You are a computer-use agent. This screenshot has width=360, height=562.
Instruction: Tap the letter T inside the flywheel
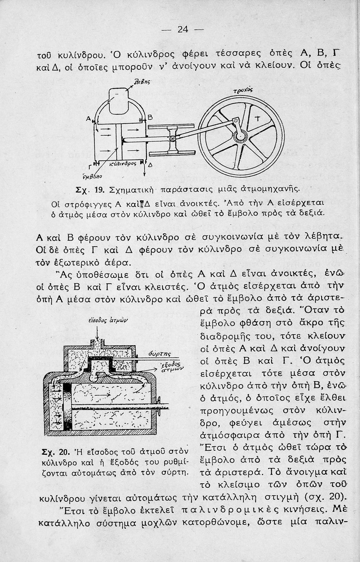point(257,120)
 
